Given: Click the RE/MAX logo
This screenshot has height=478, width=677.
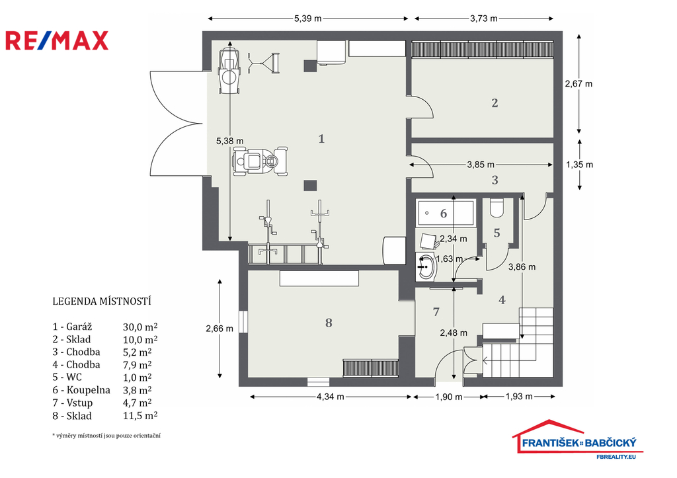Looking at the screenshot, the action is click(57, 40).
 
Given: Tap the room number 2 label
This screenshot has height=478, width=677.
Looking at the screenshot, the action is click(495, 102).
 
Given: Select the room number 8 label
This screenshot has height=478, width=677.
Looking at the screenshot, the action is click(329, 323).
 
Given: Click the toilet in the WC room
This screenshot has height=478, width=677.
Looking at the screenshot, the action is click(497, 208).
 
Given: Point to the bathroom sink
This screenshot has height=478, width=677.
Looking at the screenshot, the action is click(426, 267).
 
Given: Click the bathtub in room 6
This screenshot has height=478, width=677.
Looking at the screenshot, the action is click(446, 212).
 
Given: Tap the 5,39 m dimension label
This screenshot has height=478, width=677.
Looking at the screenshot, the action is click(308, 19).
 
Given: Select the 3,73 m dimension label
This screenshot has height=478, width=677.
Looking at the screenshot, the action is click(483, 19).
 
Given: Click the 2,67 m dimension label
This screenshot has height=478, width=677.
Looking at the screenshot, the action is click(578, 84).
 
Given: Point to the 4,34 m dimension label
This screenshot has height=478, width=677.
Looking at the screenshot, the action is click(331, 397).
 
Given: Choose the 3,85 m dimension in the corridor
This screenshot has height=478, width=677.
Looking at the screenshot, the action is click(481, 165).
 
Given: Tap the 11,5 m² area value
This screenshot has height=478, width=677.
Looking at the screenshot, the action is click(140, 416).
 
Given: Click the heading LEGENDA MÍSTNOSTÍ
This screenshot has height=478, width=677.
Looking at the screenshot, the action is click(101, 301).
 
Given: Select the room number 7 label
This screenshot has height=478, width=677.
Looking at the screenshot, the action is click(436, 311).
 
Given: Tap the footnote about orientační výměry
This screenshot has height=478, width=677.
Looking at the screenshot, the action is click(106, 435).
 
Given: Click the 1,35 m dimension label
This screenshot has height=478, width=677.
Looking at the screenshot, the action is click(579, 165).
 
